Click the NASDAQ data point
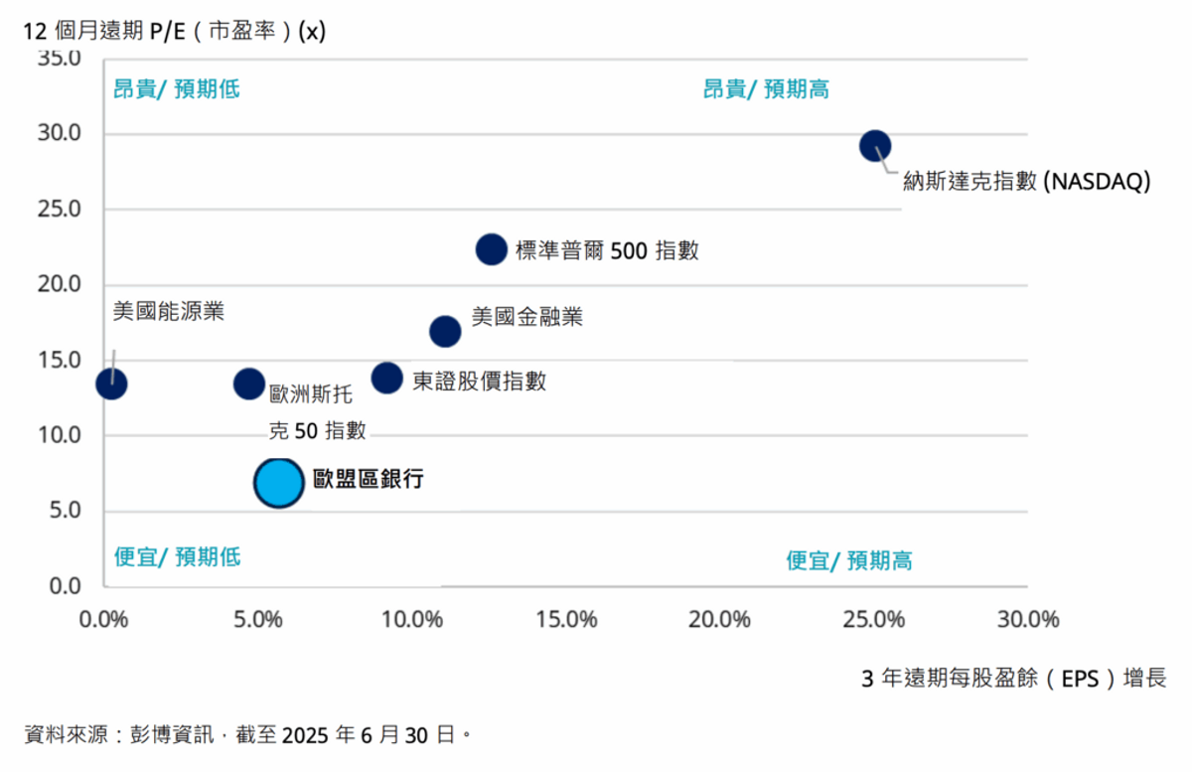point(875,146)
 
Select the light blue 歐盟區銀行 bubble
point(278,482)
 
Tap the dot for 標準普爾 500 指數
point(492,248)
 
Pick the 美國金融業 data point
point(445,331)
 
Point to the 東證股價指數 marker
point(386,378)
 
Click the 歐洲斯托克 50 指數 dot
point(249,384)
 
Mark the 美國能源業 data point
point(111,384)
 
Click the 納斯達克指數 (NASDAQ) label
point(1026,182)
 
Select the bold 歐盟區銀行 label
point(369,479)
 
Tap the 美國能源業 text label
point(169,311)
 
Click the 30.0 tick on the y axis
point(61,134)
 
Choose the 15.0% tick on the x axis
point(566,620)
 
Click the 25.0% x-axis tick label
point(874,620)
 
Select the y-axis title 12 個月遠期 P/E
point(174,30)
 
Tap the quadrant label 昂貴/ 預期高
point(766,89)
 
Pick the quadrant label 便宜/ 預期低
point(177,556)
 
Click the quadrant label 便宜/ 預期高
point(849,561)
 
